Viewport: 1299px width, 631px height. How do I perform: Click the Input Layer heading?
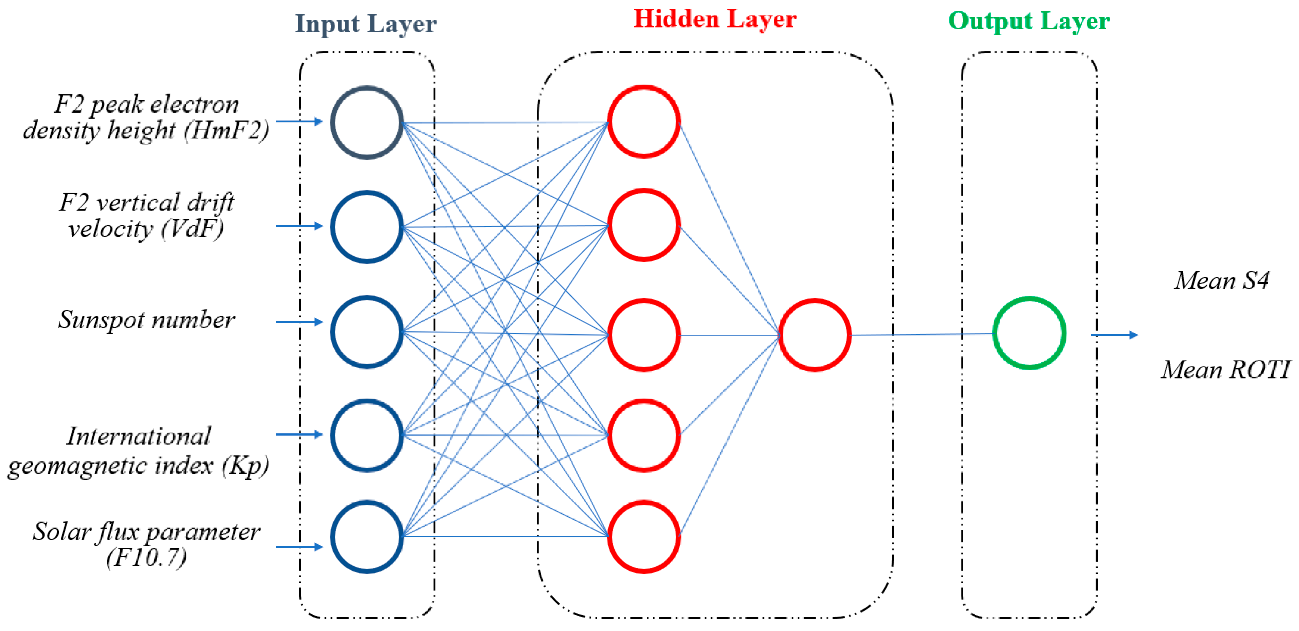365,24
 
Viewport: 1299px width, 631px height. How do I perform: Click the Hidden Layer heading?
714,20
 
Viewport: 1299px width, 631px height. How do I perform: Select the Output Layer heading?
1029,21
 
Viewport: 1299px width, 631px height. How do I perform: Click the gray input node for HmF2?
367,122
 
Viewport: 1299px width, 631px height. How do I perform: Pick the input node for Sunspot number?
367,332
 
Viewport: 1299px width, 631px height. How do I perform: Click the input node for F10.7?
367,537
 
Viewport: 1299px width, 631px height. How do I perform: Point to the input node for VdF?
367,227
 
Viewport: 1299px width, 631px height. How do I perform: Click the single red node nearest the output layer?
815,335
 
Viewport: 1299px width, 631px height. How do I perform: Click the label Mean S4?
1221,281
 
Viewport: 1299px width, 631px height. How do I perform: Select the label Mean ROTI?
1225,370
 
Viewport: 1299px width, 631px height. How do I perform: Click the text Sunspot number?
146,320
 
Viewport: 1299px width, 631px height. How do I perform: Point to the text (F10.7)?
146,557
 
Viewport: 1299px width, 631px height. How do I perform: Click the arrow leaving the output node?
1114,335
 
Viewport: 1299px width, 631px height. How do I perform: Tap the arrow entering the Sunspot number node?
299,322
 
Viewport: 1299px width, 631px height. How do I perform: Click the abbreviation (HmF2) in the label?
226,131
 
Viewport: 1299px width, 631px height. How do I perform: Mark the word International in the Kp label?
138,436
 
